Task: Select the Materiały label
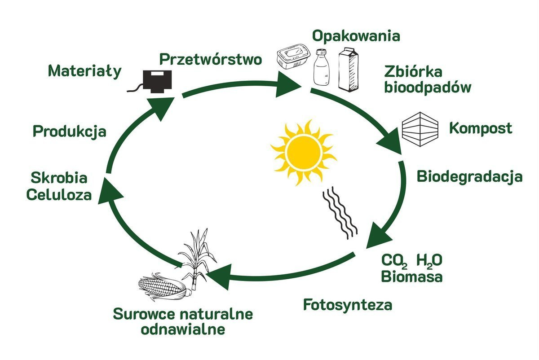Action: click(x=85, y=71)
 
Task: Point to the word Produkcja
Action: click(x=70, y=132)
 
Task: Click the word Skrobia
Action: click(x=58, y=178)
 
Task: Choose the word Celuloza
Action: click(x=59, y=195)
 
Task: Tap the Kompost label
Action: click(x=481, y=128)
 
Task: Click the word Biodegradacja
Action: click(x=469, y=176)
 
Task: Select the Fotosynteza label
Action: click(x=348, y=305)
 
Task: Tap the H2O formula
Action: click(x=429, y=260)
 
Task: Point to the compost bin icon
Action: click(x=419, y=127)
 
